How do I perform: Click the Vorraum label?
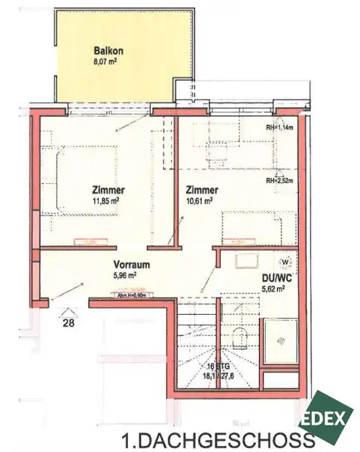point(130,265)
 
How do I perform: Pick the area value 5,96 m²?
point(129,276)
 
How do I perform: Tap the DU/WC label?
point(278,277)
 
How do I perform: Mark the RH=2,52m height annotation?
point(279,181)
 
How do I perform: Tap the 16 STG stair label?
point(224,365)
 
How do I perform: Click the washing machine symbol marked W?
point(285,261)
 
